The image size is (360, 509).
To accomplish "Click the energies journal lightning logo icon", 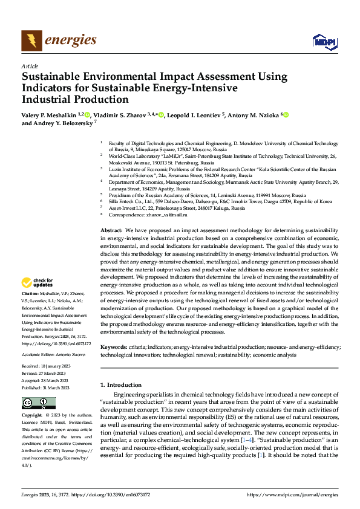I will point(32,41).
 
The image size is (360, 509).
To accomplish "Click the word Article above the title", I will point(30,66).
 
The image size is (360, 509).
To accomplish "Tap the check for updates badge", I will point(39,282).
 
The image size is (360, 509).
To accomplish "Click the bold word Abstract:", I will point(111,231).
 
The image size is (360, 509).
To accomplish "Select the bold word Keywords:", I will point(113,348).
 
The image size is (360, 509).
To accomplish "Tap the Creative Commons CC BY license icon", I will point(39,403).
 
